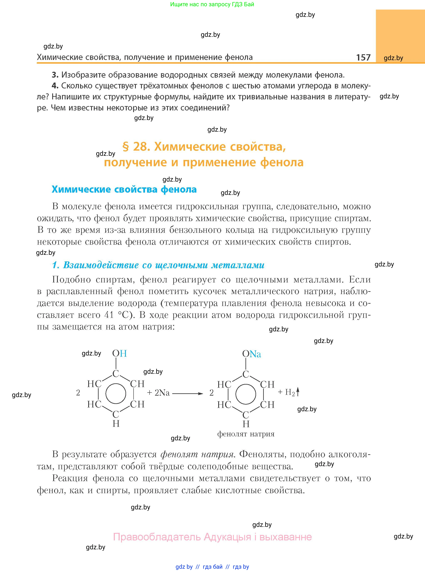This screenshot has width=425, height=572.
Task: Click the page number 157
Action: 363,57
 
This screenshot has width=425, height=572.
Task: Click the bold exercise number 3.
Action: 55,75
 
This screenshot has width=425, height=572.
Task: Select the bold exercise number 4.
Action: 55,86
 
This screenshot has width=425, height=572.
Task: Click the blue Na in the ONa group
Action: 255,354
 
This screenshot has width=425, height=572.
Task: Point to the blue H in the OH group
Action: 124,354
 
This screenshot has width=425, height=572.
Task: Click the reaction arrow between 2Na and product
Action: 188,394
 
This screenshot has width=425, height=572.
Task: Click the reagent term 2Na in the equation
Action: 162,393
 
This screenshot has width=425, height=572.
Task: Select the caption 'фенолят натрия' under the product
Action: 246,434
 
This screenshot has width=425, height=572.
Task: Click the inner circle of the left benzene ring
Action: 116,394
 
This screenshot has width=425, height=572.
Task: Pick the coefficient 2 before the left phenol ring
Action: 78,393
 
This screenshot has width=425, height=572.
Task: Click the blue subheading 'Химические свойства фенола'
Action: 124,189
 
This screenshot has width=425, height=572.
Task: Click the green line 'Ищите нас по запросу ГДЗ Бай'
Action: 212,4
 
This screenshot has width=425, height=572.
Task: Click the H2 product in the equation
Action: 290,392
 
